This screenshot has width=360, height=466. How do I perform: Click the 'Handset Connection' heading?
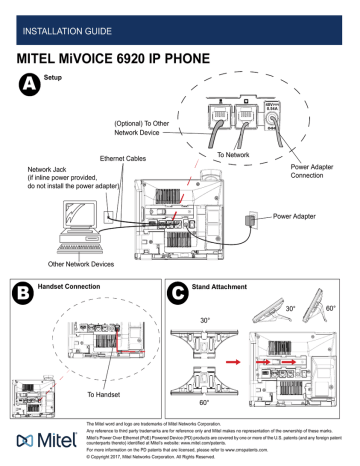(x=76, y=287)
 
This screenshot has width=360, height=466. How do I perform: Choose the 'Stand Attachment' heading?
(x=232, y=287)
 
